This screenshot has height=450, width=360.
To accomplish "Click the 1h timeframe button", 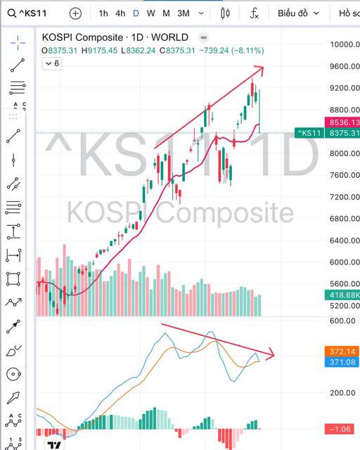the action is [x=103, y=13].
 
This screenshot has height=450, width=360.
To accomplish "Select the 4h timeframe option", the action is [x=120, y=13].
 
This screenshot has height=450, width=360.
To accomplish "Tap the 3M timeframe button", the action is [x=183, y=13].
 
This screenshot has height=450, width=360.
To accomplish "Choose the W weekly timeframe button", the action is [x=150, y=13].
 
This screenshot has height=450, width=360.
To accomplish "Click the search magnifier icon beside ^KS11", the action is [x=11, y=13].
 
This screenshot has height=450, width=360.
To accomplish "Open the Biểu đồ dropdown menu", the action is [x=298, y=13].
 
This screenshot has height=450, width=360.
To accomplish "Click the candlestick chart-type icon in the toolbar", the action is [x=226, y=13].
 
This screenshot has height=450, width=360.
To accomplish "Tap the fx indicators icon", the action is [x=254, y=13].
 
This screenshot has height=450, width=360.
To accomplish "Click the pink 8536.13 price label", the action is [x=342, y=122].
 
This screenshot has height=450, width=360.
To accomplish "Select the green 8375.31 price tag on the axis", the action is [x=342, y=133].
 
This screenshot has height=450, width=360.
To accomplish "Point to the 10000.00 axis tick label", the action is [x=345, y=44].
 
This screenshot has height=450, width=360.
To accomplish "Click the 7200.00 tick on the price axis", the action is [x=345, y=197].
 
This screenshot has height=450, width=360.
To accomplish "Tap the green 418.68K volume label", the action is [x=342, y=295].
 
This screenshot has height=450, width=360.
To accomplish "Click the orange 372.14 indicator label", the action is [x=342, y=352].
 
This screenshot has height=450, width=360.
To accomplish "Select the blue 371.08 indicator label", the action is [x=342, y=362].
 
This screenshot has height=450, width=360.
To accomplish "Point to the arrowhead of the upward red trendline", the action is [x=262, y=68].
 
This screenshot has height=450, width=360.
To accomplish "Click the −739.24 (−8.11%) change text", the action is [x=231, y=51].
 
